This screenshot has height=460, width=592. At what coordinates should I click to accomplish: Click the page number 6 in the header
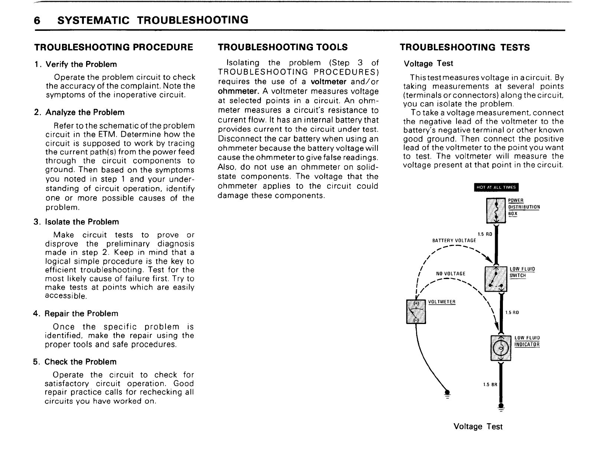[x=36, y=20]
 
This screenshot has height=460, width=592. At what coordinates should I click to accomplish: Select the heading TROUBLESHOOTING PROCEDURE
[x=114, y=47]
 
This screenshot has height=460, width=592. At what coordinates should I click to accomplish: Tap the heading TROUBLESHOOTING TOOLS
[x=283, y=47]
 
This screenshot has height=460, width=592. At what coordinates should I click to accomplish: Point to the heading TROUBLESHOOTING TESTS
[x=465, y=47]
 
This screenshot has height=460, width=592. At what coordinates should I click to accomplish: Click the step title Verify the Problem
[x=81, y=64]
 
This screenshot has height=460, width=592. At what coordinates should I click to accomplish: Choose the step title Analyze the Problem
[x=85, y=112]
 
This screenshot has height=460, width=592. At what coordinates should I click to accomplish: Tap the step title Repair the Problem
[x=81, y=314]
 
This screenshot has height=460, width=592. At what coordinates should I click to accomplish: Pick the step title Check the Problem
[x=81, y=362]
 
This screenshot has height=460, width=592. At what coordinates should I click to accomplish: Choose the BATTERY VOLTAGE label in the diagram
[x=454, y=241]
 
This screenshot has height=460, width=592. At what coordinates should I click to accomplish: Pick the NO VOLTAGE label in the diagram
[x=450, y=274]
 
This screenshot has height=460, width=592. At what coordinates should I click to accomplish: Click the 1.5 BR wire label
[x=487, y=385]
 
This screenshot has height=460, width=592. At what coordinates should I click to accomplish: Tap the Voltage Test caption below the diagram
[x=478, y=427]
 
